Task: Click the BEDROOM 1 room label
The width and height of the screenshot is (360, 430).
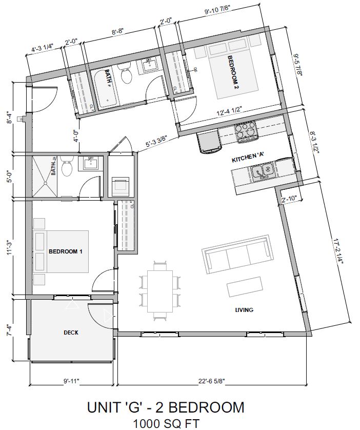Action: click(x=65, y=251)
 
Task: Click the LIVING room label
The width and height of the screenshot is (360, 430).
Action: click(x=245, y=310)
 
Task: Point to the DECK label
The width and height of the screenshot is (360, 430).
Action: click(x=71, y=333)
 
